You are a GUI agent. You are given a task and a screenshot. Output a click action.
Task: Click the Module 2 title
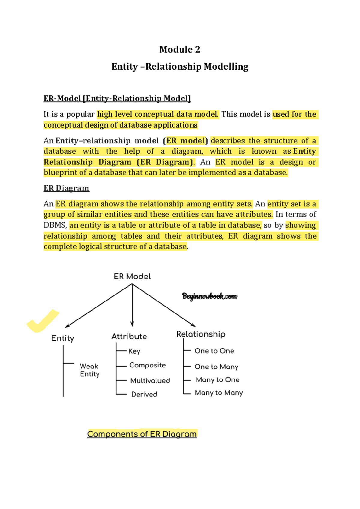(x=180, y=50)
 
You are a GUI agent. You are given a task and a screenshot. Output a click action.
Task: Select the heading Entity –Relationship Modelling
(x=180, y=67)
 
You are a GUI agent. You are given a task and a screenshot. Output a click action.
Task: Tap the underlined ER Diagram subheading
(x=66, y=188)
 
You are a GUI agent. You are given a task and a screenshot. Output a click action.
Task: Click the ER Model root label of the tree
(x=132, y=276)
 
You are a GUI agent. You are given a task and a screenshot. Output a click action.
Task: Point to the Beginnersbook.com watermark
(x=209, y=297)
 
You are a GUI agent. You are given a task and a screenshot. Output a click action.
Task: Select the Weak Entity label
(x=89, y=370)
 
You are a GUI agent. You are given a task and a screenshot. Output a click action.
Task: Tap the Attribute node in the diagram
(x=129, y=336)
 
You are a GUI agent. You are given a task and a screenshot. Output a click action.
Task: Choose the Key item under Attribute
(x=134, y=351)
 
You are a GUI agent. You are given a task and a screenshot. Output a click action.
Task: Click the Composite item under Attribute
(x=147, y=365)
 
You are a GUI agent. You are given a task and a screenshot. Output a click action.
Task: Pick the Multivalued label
(x=150, y=381)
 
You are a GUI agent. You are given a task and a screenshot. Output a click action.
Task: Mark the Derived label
(x=144, y=394)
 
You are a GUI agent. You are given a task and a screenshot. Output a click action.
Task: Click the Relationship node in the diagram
(x=201, y=334)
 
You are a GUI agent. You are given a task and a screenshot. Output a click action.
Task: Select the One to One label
(x=214, y=351)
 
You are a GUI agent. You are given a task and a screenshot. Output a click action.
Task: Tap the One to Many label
(x=216, y=367)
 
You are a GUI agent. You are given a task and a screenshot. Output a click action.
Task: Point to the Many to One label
(x=217, y=380)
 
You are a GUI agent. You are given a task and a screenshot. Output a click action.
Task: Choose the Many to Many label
(x=219, y=393)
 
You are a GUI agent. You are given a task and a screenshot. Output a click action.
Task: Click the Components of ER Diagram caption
(x=142, y=434)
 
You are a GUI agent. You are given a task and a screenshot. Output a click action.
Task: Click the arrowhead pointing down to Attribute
(x=132, y=324)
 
